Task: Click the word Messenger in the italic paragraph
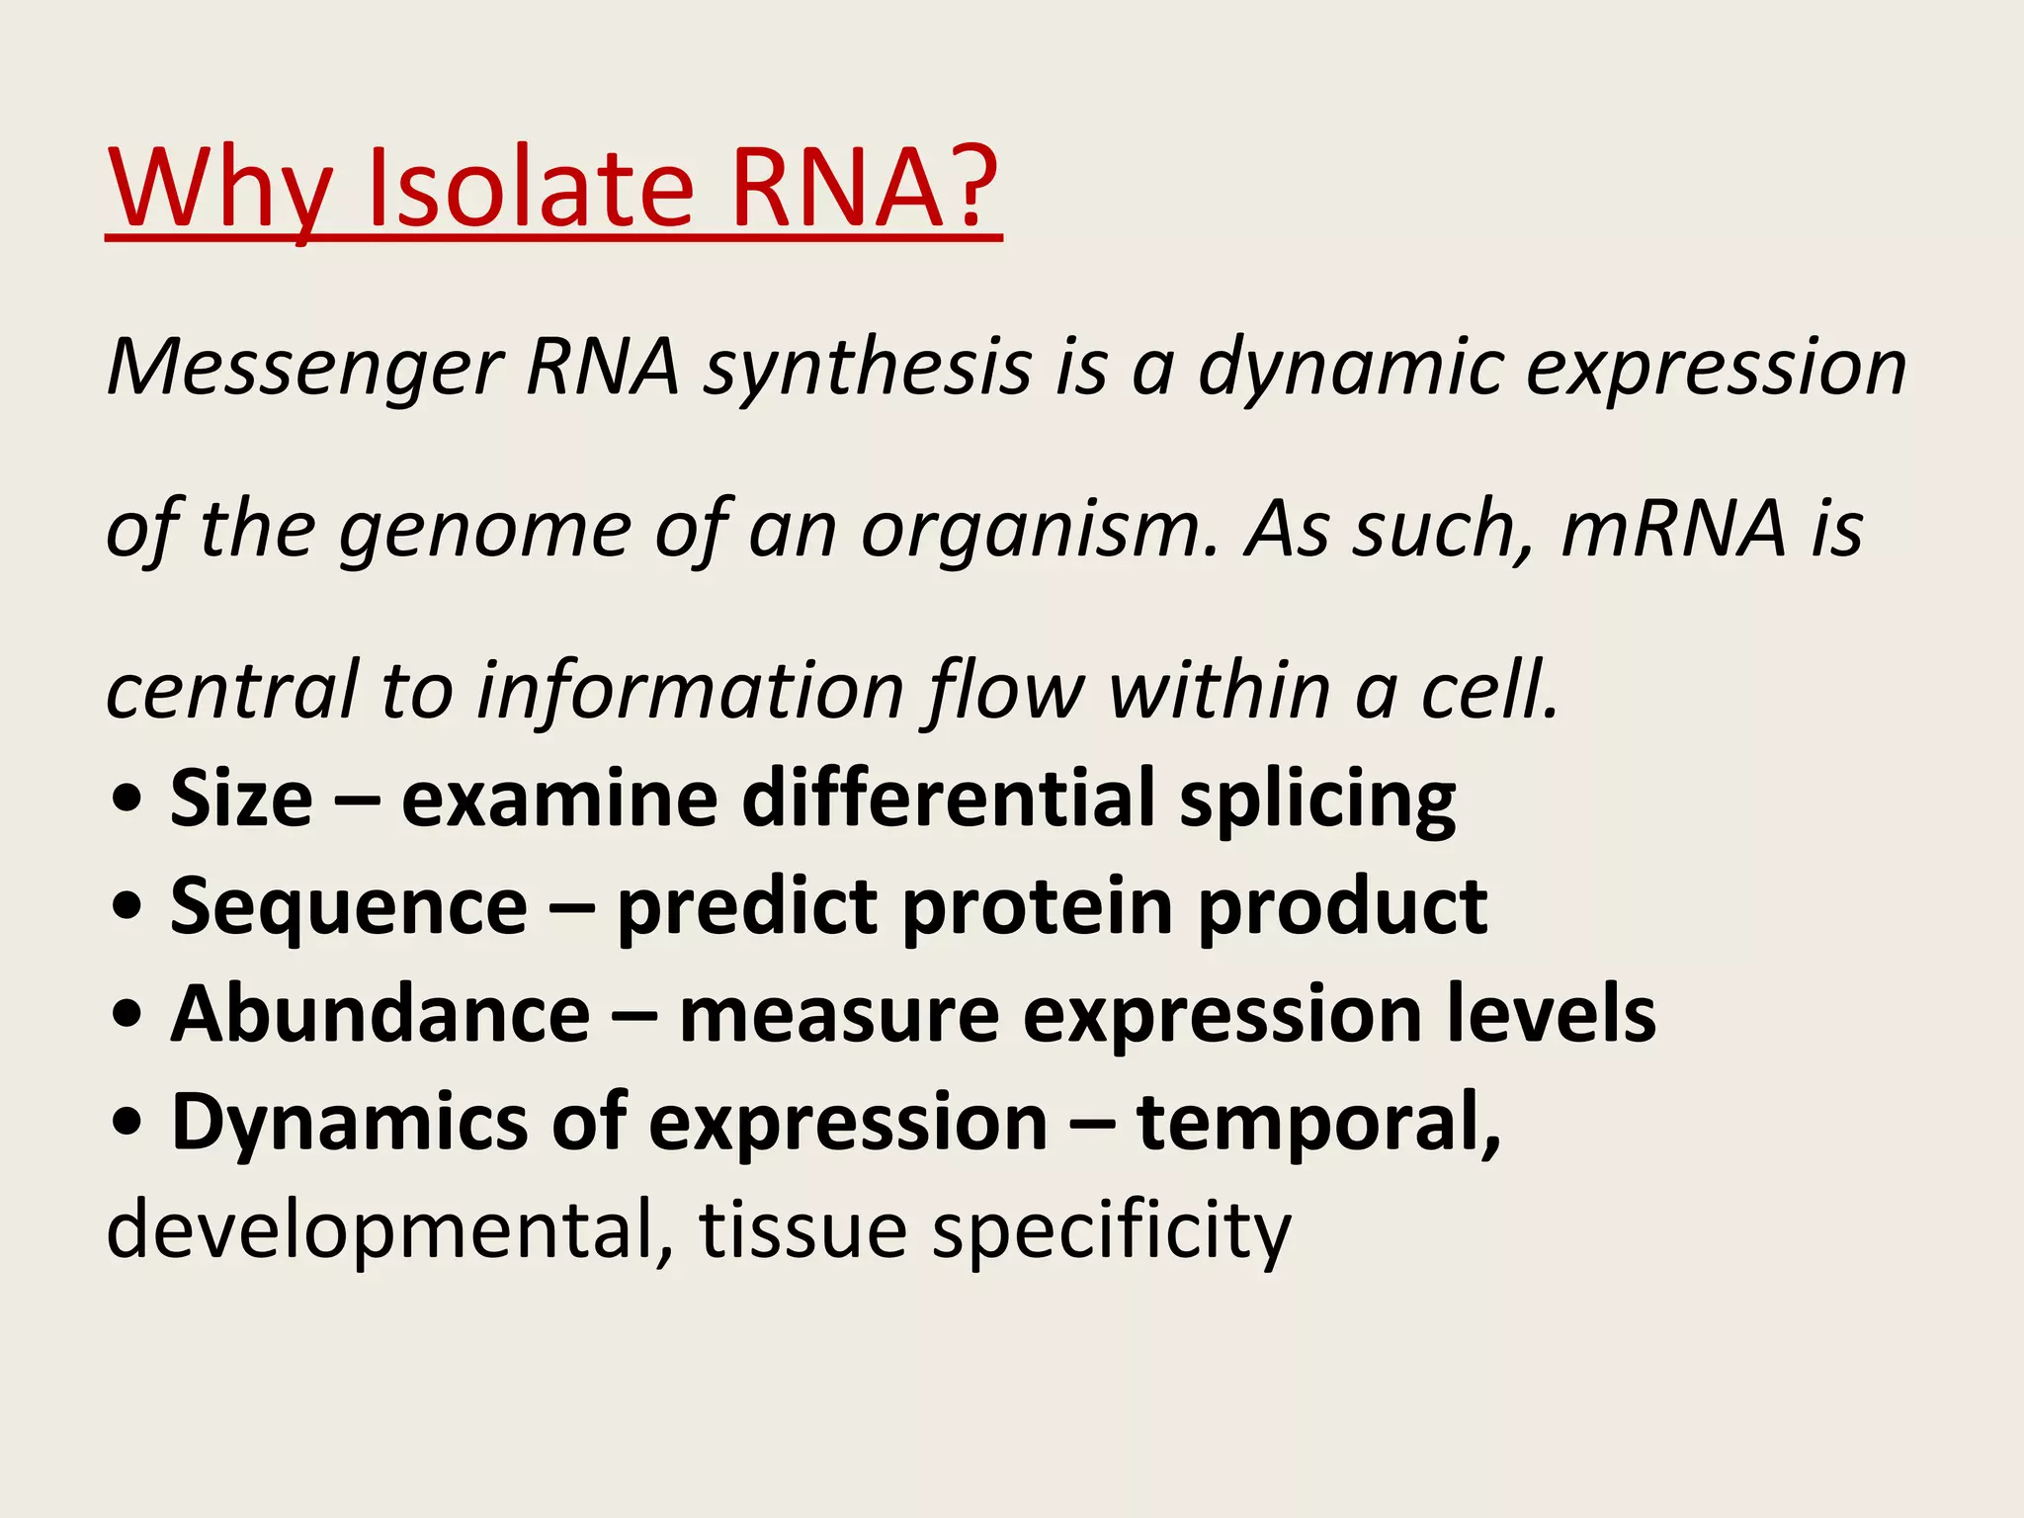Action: click(305, 369)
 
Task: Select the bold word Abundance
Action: click(380, 1015)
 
